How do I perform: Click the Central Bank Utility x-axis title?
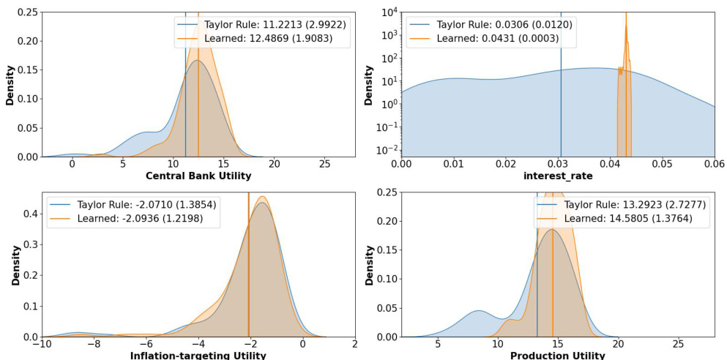[x=198, y=176]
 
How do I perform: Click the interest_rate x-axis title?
[x=558, y=176]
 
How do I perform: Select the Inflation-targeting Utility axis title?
[x=198, y=356]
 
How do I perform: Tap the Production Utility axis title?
[x=558, y=356]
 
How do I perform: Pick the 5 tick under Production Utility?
[x=438, y=344]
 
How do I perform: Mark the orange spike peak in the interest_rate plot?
[x=626, y=12]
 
